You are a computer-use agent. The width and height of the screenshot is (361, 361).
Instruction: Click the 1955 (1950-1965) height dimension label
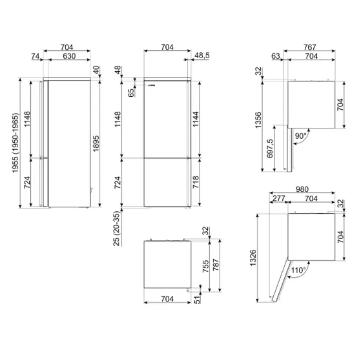coord(15,143)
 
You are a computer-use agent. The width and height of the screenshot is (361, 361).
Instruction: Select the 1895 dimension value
coord(96,143)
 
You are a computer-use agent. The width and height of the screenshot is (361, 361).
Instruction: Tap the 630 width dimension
coord(69,56)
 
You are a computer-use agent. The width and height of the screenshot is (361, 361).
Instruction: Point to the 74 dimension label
coord(36,56)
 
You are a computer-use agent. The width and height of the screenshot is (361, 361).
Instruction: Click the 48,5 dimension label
coord(202,56)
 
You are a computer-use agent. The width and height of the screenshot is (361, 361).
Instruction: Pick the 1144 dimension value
coord(196,119)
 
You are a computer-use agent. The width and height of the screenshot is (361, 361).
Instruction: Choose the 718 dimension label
coord(196,182)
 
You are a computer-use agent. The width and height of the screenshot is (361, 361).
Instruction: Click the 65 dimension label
coord(130,93)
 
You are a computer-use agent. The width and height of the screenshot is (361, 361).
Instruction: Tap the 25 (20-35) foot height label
coord(117,229)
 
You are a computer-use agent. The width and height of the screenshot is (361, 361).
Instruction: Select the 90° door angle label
coord(301,136)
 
